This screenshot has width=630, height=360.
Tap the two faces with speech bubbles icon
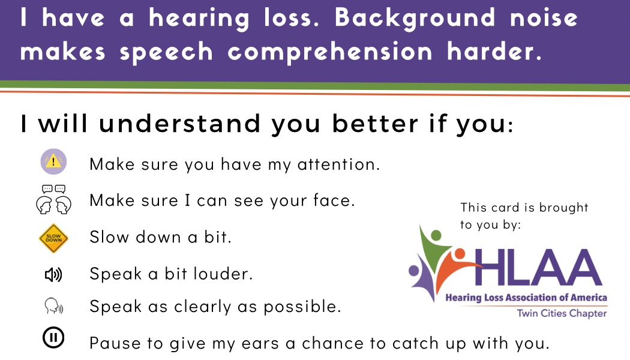point(53,199)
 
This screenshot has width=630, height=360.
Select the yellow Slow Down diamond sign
point(53,238)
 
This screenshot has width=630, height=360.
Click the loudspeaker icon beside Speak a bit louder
point(53,275)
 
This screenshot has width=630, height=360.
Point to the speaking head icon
point(54,306)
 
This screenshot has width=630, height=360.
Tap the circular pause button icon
point(53,337)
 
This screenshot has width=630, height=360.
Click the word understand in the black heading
point(180,123)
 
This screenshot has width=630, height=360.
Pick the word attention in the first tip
point(338,164)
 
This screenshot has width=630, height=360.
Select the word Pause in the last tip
point(115,343)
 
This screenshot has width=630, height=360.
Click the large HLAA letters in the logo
point(538,268)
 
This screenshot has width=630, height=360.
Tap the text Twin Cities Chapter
point(562,313)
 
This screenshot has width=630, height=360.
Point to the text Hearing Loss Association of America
point(526,298)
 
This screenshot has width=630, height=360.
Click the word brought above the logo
point(563,208)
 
